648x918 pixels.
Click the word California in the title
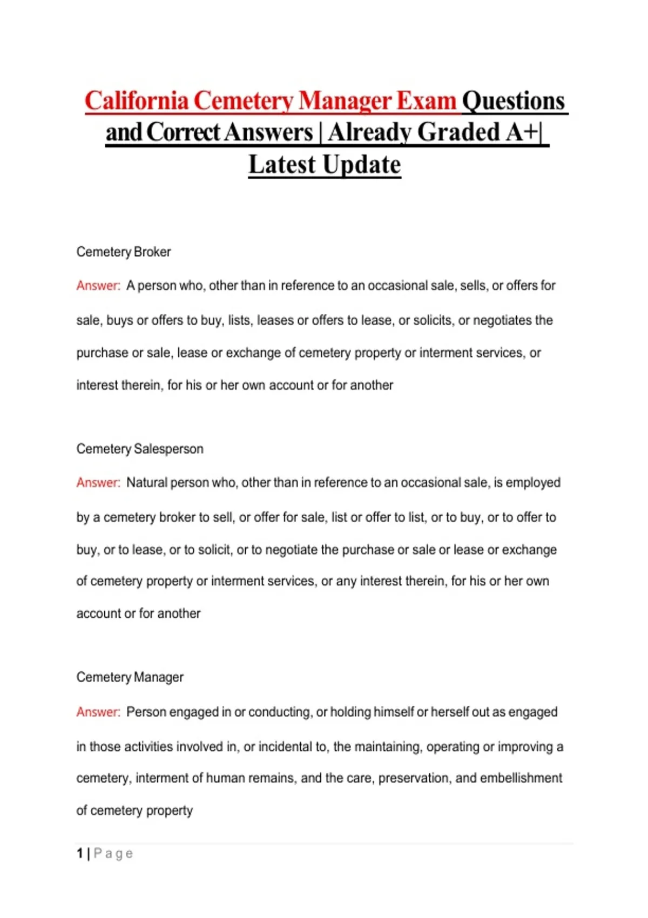tap(137, 101)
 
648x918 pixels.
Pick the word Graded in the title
tap(459, 132)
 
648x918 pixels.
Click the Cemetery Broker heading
tap(123, 252)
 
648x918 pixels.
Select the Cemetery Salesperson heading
tap(140, 449)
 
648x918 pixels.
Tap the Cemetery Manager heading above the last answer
tap(130, 677)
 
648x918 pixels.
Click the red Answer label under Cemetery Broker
tap(98, 286)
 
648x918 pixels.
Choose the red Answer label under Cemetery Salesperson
tap(98, 483)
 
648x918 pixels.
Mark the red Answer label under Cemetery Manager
tap(98, 712)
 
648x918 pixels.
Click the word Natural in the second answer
tap(146, 483)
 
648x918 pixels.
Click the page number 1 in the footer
tap(80, 854)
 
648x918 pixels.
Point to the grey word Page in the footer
tap(113, 854)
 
